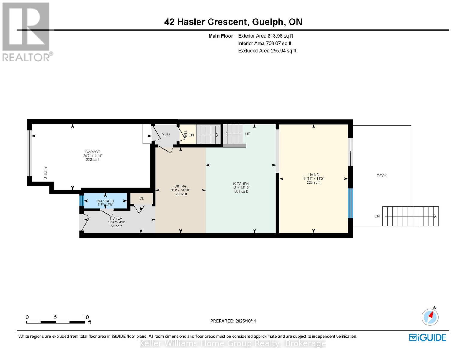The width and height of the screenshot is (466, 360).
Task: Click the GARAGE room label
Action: pyautogui.click(x=92, y=152)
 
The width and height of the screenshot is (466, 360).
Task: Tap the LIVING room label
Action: pyautogui.click(x=313, y=175)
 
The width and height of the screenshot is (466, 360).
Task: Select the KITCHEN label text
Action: pyautogui.click(x=241, y=184)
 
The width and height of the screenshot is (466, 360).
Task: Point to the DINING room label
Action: pyautogui.click(x=180, y=186)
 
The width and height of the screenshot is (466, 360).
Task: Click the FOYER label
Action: pyautogui.click(x=116, y=218)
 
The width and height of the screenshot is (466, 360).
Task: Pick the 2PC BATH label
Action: pyautogui.click(x=105, y=201)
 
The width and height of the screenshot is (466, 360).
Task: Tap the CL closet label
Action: pyautogui.click(x=141, y=198)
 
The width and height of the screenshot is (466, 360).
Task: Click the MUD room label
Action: pyautogui.click(x=166, y=134)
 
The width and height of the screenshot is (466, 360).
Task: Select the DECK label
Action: pyautogui.click(x=382, y=176)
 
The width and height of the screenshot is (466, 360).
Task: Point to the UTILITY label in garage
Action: pyautogui.click(x=46, y=173)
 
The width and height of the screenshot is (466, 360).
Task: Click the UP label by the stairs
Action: pyautogui.click(x=248, y=134)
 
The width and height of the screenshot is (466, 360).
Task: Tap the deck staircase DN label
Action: pyautogui.click(x=377, y=216)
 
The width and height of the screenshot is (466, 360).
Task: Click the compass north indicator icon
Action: pyautogui.click(x=430, y=316)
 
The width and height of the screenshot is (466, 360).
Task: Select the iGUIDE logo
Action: pyautogui.click(x=428, y=337)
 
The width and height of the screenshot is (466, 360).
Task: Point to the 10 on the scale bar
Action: pyautogui.click(x=86, y=317)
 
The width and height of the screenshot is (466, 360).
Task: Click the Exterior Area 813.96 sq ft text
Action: pyautogui.click(x=265, y=36)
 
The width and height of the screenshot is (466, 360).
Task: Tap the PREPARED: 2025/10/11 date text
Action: pyautogui.click(x=233, y=321)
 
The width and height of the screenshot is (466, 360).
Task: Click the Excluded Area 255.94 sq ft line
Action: pyautogui.click(x=267, y=51)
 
